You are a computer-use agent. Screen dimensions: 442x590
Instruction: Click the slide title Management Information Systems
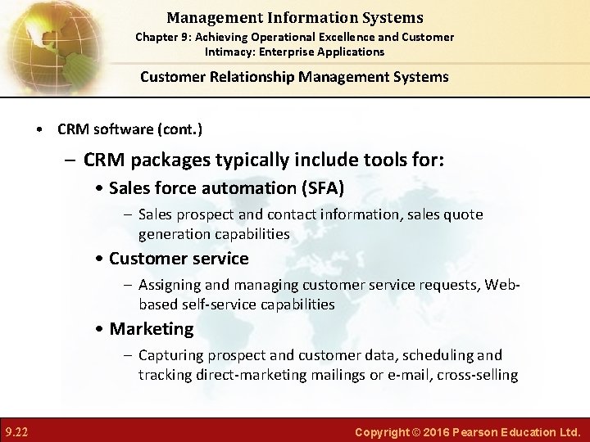[x=294, y=17]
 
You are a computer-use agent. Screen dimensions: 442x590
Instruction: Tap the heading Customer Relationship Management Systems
[x=294, y=77]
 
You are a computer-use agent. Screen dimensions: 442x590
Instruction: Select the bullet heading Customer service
[x=179, y=259]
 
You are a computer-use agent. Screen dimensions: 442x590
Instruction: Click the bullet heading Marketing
[x=152, y=329]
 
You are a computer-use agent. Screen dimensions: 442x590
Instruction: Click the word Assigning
[x=171, y=285]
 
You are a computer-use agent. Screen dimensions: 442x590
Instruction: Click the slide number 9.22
[x=17, y=431]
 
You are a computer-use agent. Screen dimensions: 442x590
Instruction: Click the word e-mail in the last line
[x=412, y=375]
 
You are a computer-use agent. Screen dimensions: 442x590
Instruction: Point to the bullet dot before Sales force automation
[x=99, y=189]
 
